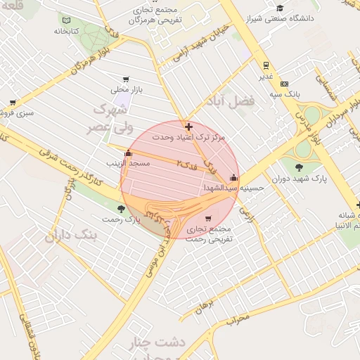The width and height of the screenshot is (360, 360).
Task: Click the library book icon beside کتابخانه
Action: pyautogui.click(x=67, y=21)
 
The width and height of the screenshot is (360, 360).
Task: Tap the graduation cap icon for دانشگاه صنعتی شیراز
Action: pyautogui.click(x=281, y=8)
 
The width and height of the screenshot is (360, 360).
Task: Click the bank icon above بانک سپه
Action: pyautogui.click(x=284, y=83)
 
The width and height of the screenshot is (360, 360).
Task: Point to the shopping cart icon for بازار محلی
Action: pyautogui.click(x=125, y=79)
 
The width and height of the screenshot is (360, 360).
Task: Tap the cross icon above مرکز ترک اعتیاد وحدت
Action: pyautogui.click(x=188, y=127)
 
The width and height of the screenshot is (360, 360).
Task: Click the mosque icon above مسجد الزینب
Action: pyautogui.click(x=127, y=153)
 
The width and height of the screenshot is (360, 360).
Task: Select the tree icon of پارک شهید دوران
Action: pyautogui.click(x=300, y=167)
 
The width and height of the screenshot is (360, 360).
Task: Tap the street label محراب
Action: pyautogui.click(x=238, y=319)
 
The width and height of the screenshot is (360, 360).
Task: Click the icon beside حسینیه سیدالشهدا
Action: pyautogui.click(x=233, y=177)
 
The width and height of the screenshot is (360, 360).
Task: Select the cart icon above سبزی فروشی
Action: pyautogui.click(x=13, y=102)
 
